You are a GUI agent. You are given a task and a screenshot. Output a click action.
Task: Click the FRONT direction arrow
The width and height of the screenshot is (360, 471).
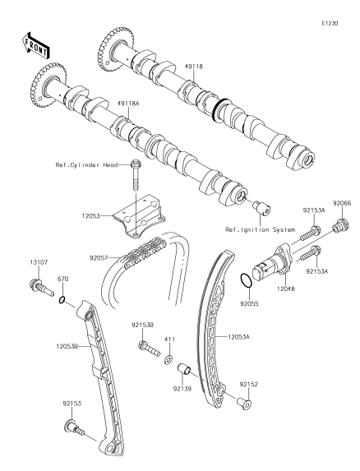point(35,45)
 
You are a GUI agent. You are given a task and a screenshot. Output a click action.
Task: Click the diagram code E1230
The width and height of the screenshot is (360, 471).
point(330,24)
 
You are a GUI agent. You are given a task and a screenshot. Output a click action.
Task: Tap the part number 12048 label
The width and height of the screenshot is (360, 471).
point(285,289)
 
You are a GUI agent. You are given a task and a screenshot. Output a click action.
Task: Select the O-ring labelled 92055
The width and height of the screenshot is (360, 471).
point(247,280)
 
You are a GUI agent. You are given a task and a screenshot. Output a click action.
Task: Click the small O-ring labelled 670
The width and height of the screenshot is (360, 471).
point(62,300)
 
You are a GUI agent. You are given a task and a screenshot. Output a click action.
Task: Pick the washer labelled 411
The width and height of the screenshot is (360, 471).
point(168,359)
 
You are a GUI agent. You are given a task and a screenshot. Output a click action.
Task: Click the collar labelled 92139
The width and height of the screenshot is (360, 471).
point(184,369)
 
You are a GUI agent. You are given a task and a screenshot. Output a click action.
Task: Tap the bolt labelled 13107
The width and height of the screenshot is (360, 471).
point(41,287)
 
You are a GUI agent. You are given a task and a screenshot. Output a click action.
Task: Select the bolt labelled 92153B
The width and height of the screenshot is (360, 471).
point(150,348)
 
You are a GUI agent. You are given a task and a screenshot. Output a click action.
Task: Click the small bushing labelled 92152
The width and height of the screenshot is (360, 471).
point(244,404)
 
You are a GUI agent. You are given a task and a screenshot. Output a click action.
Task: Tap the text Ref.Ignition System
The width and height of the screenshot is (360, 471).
point(260,230)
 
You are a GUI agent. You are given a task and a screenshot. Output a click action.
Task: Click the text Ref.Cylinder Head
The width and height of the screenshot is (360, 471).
point(86,165)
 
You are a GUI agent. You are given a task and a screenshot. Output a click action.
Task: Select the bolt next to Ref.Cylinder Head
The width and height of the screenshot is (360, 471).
point(136,175)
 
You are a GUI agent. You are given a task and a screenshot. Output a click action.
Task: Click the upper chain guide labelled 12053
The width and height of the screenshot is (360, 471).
point(140,215)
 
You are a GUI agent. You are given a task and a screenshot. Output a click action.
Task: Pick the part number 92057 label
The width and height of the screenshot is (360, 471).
point(98,258)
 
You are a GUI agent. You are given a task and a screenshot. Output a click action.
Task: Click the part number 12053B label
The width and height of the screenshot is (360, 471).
point(67,346)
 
